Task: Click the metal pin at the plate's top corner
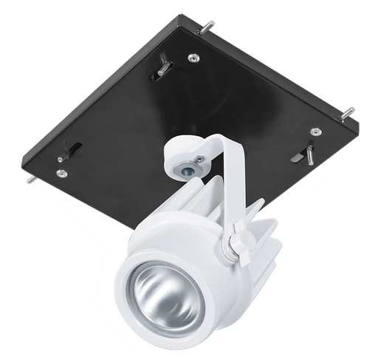tap(208, 27)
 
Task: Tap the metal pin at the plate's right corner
tap(347, 113)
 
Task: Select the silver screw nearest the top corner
tap(193, 58)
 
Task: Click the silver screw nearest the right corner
tap(316, 132)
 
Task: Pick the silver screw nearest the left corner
tap(61, 174)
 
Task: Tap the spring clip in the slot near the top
tap(164, 69)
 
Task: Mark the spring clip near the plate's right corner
tap(304, 154)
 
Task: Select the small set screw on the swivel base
tap(199, 158)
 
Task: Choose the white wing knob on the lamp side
tap(240, 245)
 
